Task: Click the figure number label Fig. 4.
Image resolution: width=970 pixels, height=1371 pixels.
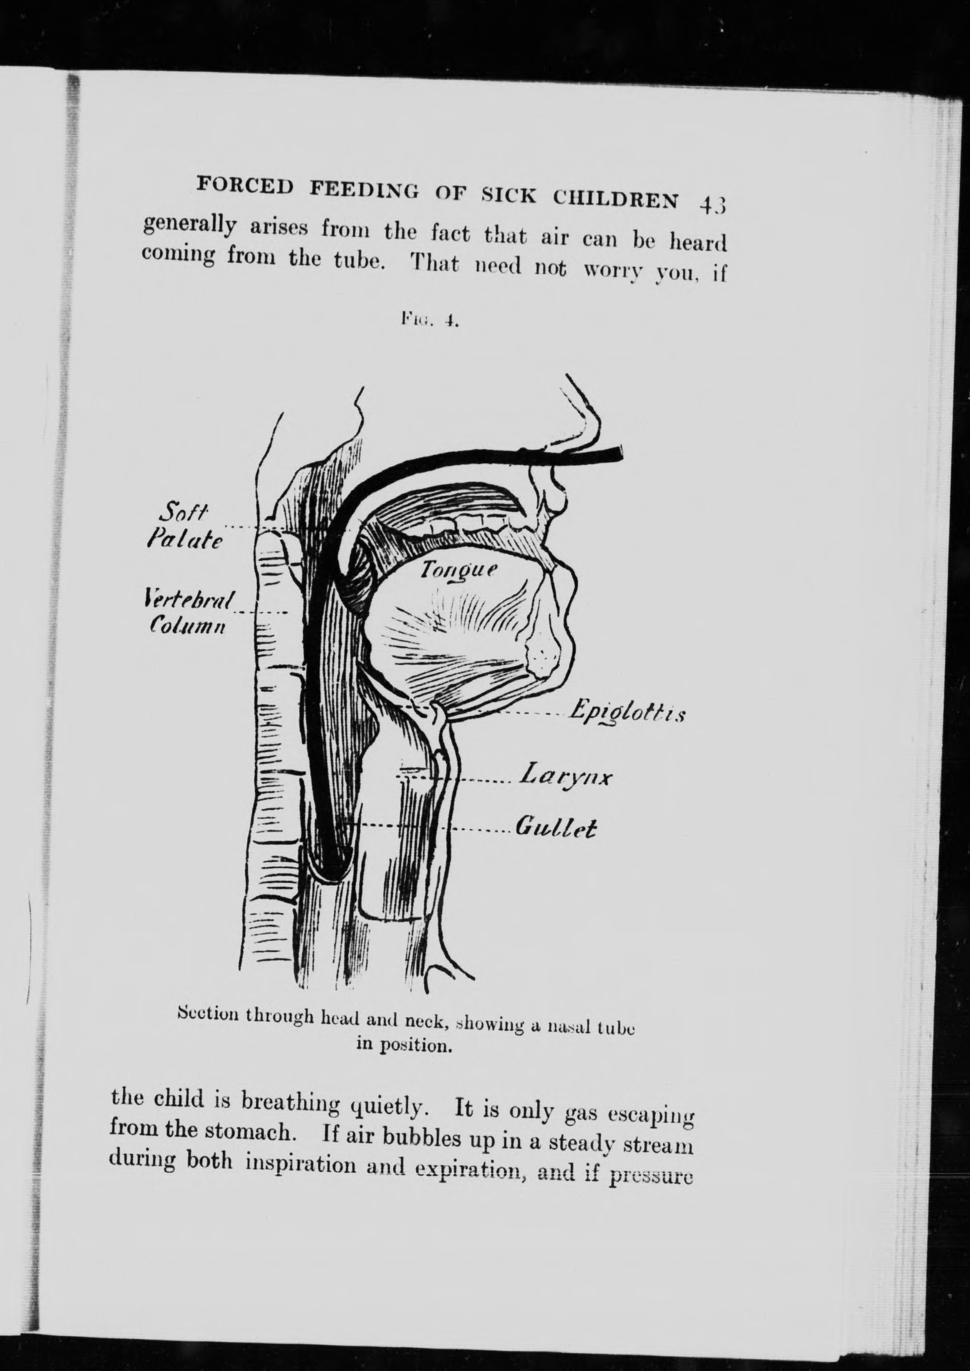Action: (x=429, y=322)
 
